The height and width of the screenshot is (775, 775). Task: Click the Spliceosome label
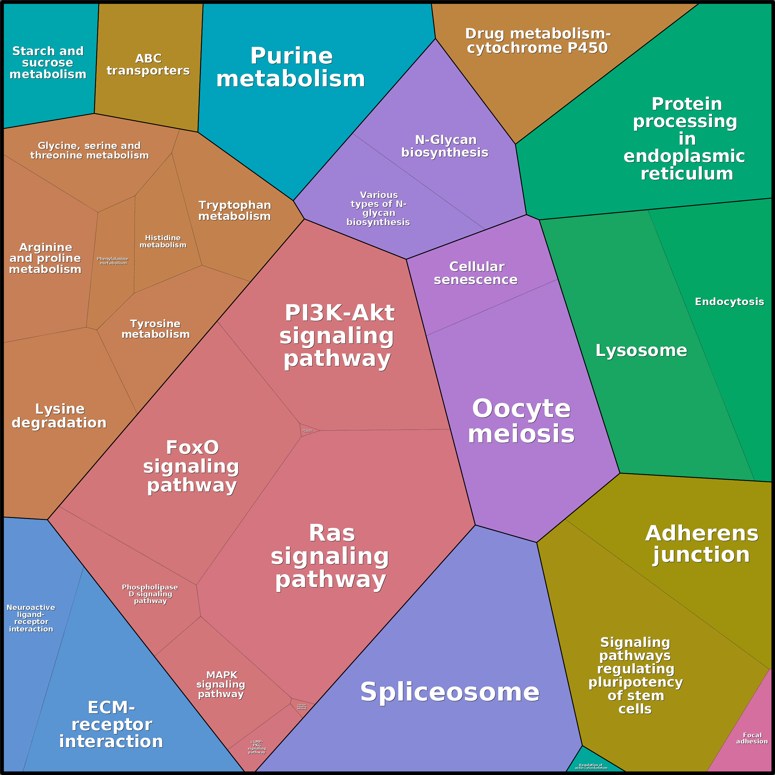pos(450,692)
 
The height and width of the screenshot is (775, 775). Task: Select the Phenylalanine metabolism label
pos(113,261)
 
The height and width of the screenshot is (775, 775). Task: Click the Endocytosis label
pos(729,302)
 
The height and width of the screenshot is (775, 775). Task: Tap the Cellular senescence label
pos(476,273)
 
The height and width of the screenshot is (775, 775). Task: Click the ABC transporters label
pos(148,64)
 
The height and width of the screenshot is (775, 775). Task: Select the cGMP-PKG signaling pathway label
pos(257,747)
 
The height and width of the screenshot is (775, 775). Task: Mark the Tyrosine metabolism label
pos(155,329)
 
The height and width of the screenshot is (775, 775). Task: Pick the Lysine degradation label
pos(59,416)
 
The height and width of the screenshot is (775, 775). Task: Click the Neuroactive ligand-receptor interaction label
pos(31,618)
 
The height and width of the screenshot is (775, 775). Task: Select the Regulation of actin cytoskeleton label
pos(591,766)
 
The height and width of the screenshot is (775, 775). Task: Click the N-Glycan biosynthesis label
pos(445,146)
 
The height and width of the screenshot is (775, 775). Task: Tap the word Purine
pos(292,56)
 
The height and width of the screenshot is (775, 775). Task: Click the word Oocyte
pos(521,408)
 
